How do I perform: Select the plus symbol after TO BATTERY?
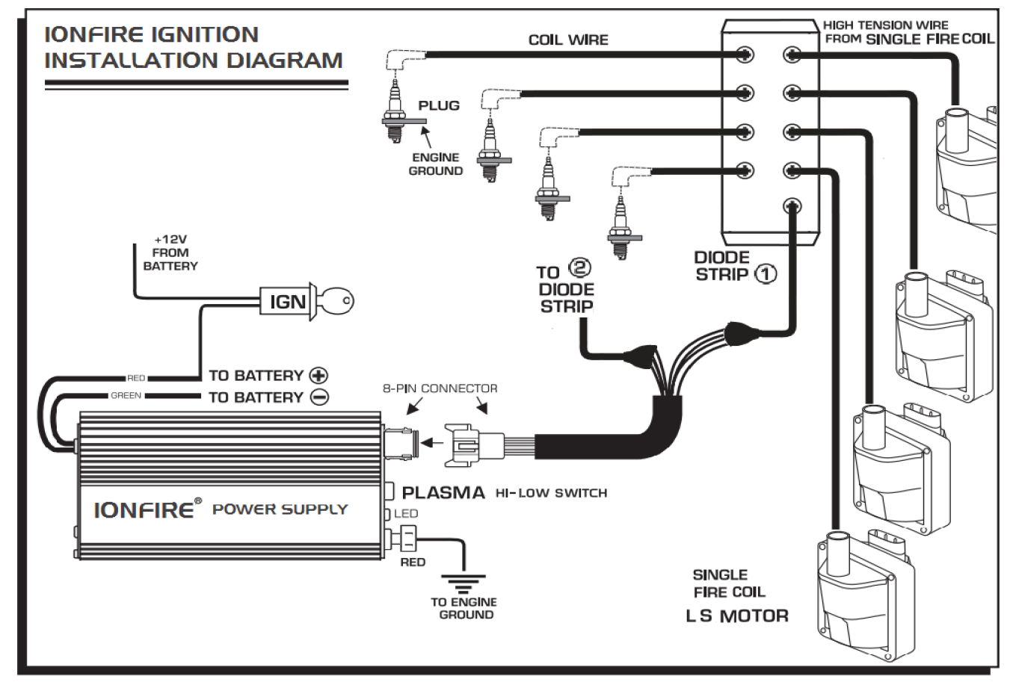click(x=318, y=375)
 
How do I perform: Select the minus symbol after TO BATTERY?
click(x=318, y=397)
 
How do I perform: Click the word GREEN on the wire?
click(x=126, y=395)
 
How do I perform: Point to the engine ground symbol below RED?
click(x=463, y=584)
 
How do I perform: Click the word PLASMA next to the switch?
click(x=443, y=492)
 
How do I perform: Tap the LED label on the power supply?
click(x=406, y=513)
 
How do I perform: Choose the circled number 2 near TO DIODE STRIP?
click(x=579, y=267)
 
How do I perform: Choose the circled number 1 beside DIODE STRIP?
click(x=766, y=274)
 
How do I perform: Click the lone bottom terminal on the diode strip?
click(x=792, y=206)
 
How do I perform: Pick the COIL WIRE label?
click(x=568, y=40)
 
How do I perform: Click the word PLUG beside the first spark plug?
click(x=439, y=105)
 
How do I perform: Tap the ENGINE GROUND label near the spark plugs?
click(x=436, y=164)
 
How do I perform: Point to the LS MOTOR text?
click(x=736, y=616)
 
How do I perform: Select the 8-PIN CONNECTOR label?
click(x=440, y=388)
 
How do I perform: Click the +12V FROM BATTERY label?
click(x=170, y=252)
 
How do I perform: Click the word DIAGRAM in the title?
click(x=284, y=61)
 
